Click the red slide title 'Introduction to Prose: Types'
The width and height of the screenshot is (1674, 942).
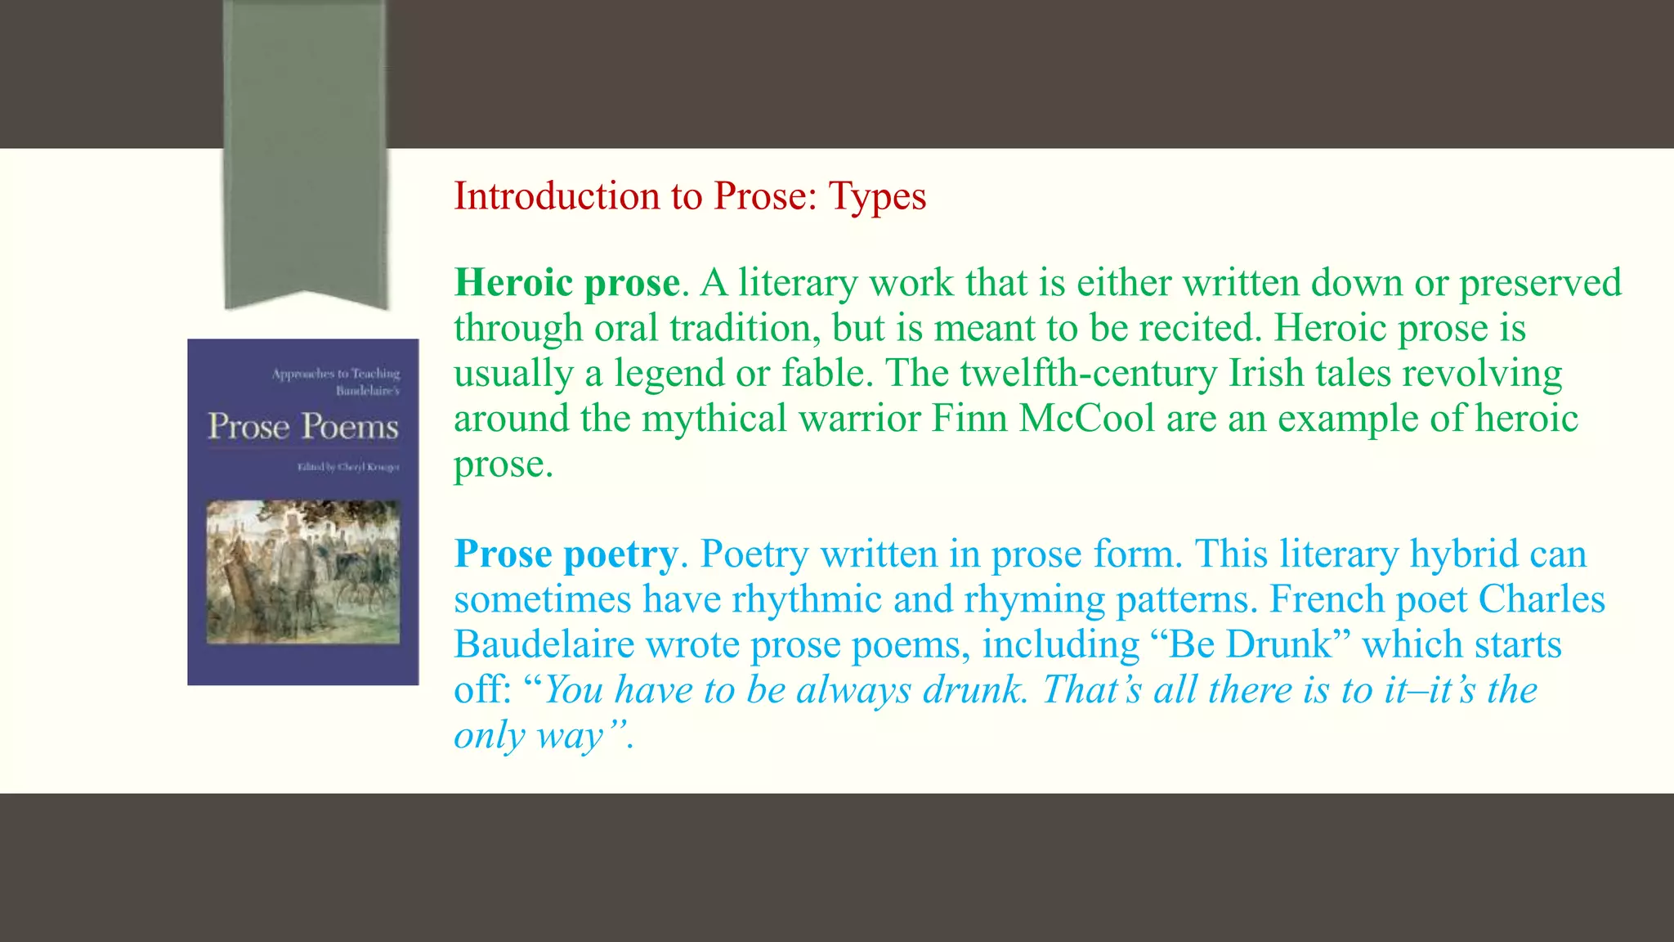click(690, 196)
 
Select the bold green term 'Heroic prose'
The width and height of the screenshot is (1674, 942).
click(566, 283)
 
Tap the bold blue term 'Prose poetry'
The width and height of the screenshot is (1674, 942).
click(566, 554)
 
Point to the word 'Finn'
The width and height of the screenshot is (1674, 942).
click(969, 419)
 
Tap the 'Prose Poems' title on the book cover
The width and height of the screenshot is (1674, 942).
click(303, 427)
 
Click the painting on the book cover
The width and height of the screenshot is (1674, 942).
click(303, 572)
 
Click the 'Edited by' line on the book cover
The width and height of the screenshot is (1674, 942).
click(348, 467)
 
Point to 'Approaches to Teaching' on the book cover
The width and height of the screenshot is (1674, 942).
click(336, 374)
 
